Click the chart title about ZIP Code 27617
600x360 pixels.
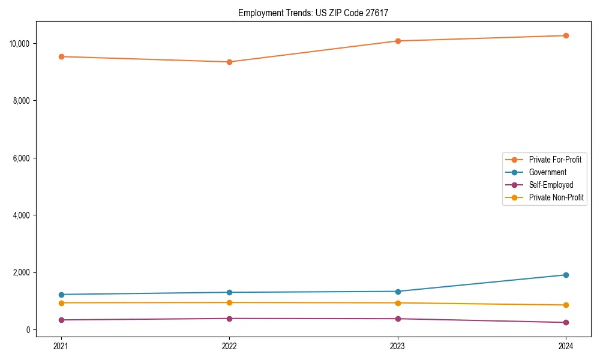coord(313,13)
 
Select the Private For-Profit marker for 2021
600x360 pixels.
coord(61,56)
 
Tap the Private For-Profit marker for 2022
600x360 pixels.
coord(229,62)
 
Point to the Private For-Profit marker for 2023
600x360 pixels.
coord(398,41)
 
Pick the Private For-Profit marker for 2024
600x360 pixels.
coord(566,35)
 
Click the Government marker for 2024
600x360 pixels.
coord(566,275)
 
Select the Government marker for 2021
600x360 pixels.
coord(61,295)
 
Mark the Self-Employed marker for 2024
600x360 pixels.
coord(566,322)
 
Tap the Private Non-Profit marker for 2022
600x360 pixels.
coord(229,302)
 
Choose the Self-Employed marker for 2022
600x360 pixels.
coord(229,319)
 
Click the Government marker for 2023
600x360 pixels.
coord(398,292)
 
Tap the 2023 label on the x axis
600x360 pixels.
coord(398,346)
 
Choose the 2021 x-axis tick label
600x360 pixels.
coord(61,346)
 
